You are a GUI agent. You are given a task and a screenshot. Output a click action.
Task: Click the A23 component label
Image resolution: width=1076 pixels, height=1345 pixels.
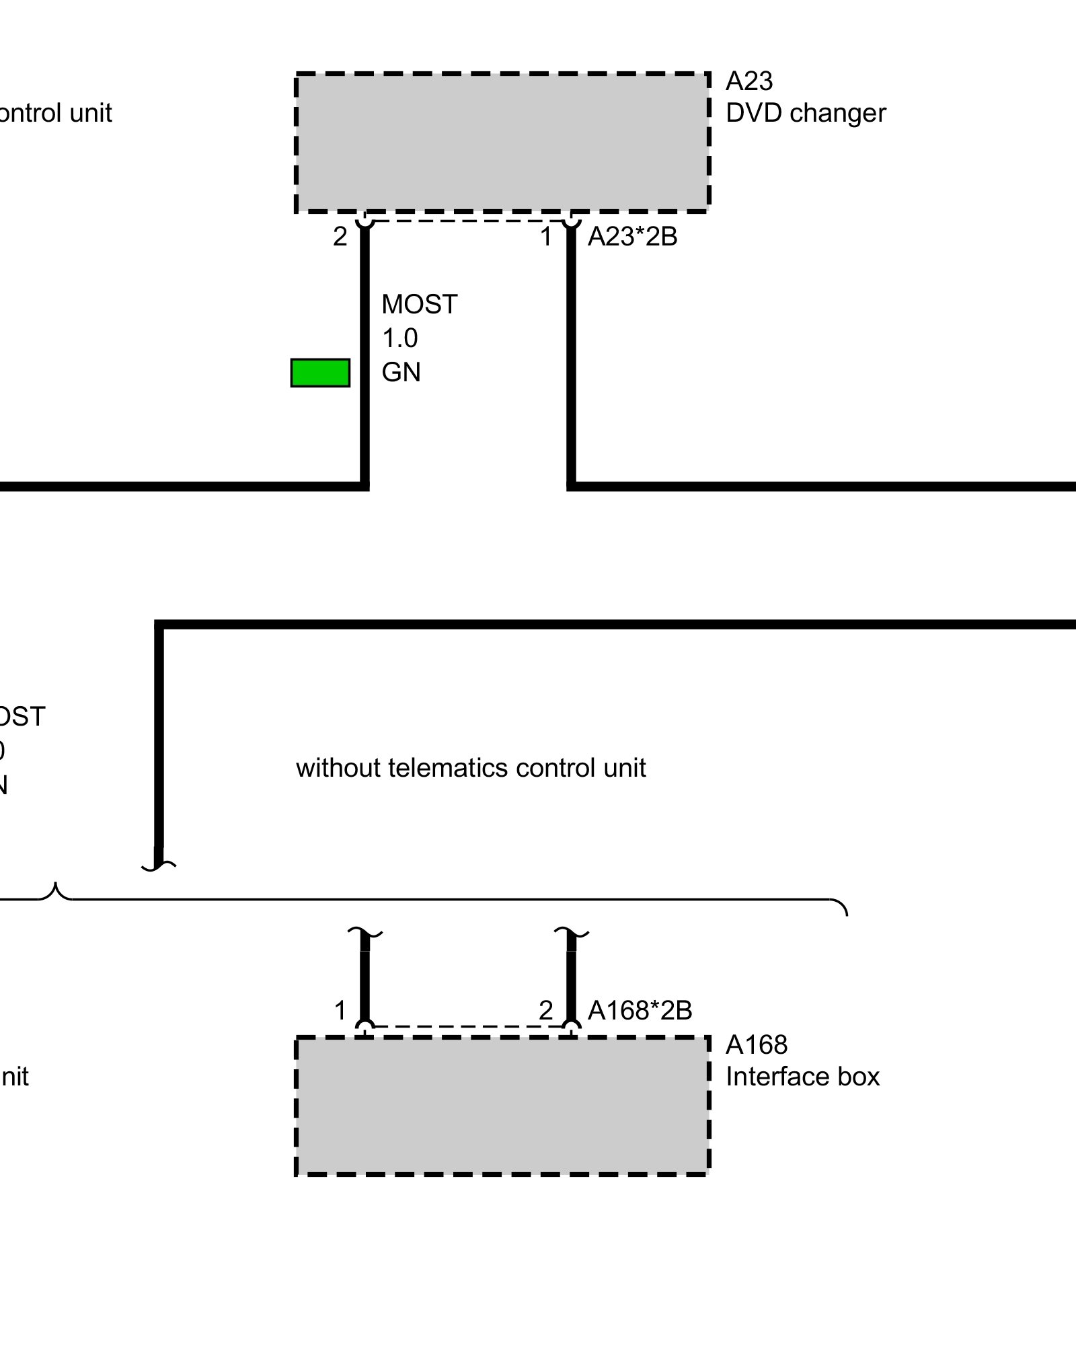click(749, 81)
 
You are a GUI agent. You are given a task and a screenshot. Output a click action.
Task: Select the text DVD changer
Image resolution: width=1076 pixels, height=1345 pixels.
click(806, 113)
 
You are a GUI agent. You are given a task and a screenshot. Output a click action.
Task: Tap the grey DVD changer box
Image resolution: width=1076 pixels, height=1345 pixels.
click(502, 143)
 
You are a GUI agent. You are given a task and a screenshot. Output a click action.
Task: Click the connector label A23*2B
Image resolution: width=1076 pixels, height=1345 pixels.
click(632, 237)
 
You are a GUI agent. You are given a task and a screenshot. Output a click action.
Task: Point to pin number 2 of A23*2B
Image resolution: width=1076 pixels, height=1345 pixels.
click(340, 237)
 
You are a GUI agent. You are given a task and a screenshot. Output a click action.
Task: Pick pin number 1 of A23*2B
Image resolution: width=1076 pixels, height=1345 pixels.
click(547, 237)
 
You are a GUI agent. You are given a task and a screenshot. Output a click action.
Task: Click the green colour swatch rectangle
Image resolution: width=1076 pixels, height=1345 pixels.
click(320, 373)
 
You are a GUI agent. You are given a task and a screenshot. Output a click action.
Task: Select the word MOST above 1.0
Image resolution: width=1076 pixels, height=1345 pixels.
click(420, 305)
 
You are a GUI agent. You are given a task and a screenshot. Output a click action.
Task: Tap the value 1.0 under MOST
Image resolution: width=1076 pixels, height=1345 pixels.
click(400, 338)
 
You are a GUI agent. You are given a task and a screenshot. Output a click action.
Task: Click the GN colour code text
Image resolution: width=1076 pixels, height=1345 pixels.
click(401, 372)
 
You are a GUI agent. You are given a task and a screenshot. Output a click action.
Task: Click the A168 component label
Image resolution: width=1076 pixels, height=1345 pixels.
click(757, 1044)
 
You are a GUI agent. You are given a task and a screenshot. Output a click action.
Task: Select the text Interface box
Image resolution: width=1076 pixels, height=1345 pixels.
click(802, 1077)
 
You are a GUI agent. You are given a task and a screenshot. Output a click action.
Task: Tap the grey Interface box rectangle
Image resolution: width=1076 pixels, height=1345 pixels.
click(502, 1106)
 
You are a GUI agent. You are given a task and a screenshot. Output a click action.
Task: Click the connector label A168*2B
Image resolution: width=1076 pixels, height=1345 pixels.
click(640, 1010)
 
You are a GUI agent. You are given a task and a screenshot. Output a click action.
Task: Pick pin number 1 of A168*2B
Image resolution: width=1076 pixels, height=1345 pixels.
click(340, 1010)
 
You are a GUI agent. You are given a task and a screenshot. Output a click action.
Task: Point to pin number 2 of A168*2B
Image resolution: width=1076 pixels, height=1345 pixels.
click(546, 1010)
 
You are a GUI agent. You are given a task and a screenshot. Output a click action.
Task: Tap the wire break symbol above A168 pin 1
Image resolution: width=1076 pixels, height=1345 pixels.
click(365, 933)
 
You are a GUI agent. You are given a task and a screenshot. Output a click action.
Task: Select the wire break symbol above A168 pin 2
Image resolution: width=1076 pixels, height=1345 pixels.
click(571, 933)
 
